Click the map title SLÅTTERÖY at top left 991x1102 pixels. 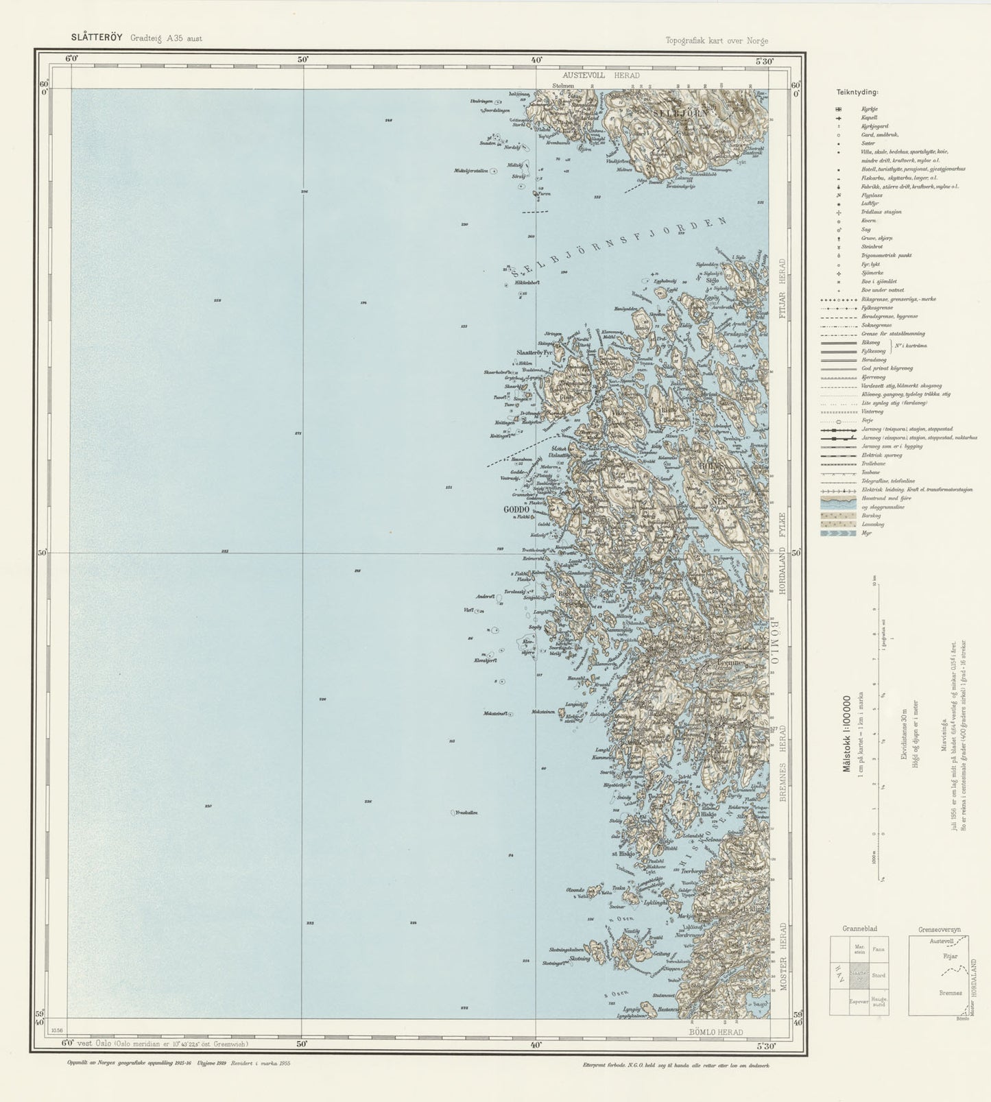pos(96,38)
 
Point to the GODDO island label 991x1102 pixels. pos(516,510)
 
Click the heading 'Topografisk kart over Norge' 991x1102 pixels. pos(717,40)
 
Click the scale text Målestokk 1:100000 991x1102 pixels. pos(846,734)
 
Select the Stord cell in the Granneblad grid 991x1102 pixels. pos(879,975)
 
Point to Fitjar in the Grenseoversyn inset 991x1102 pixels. pos(950,955)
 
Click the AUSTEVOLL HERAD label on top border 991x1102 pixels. pos(601,75)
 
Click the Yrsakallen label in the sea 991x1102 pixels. pos(466,813)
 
